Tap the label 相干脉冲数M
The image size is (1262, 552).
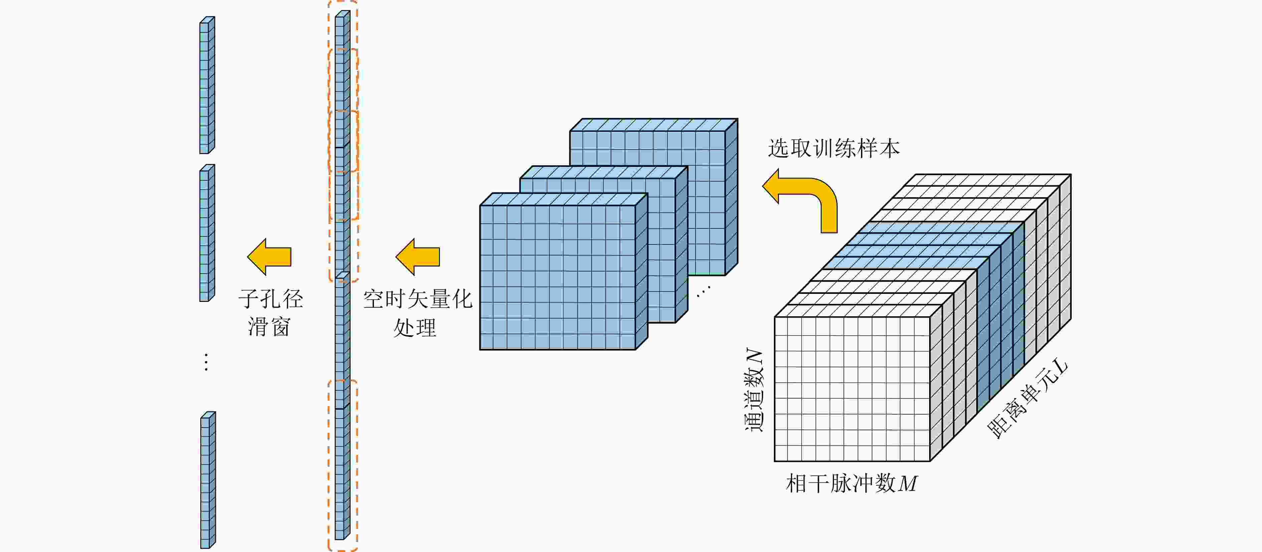tap(851, 483)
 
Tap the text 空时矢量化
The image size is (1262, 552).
tap(417, 299)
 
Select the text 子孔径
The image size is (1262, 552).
tap(271, 299)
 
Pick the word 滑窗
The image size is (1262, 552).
tap(269, 327)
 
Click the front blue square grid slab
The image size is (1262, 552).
tap(558, 277)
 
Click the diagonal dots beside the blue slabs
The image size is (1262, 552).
tap(703, 292)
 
